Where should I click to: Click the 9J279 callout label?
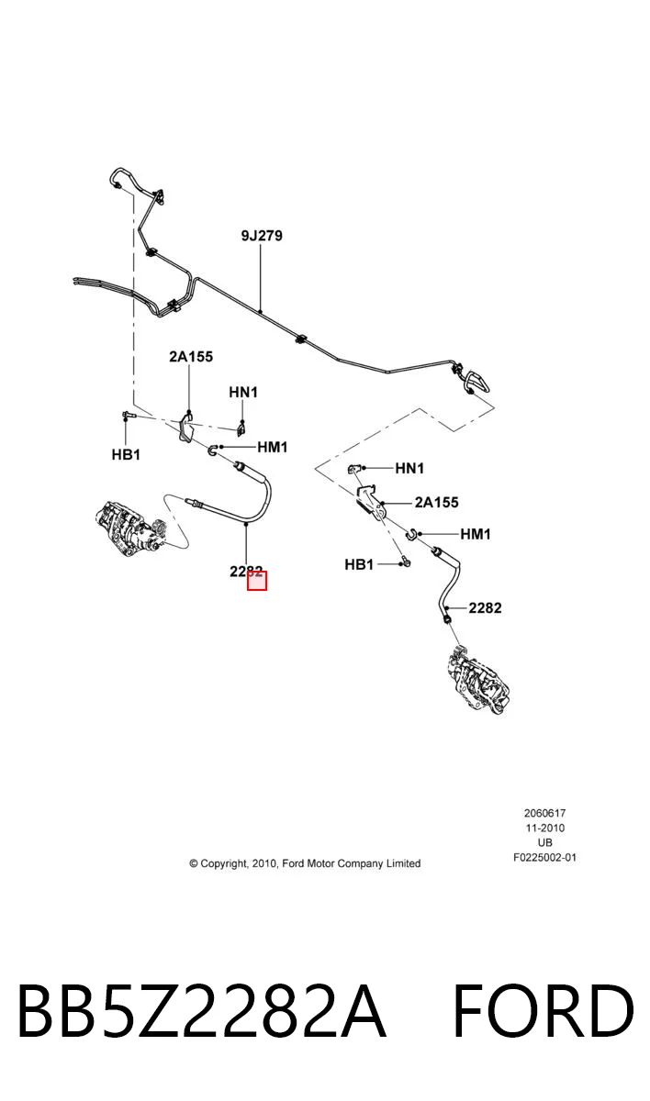pyautogui.click(x=262, y=236)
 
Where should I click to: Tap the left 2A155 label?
pyautogui.click(x=191, y=356)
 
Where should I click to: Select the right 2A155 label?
pyautogui.click(x=437, y=503)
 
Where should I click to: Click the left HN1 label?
pyautogui.click(x=243, y=393)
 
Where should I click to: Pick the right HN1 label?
pyautogui.click(x=409, y=469)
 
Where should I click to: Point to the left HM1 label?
pyautogui.click(x=273, y=448)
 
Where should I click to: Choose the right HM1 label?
pyautogui.click(x=476, y=534)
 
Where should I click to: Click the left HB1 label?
pyautogui.click(x=126, y=455)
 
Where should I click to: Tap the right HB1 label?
pyautogui.click(x=359, y=565)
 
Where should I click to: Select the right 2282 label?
pyautogui.click(x=486, y=608)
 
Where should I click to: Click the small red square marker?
pyautogui.click(x=257, y=581)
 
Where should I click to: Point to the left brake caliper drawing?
pyautogui.click(x=131, y=529)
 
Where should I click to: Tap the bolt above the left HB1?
pyautogui.click(x=128, y=415)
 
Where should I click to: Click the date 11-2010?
pyautogui.click(x=544, y=829)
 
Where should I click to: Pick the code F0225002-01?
pyautogui.click(x=544, y=858)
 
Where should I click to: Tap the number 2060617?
pyautogui.click(x=544, y=814)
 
